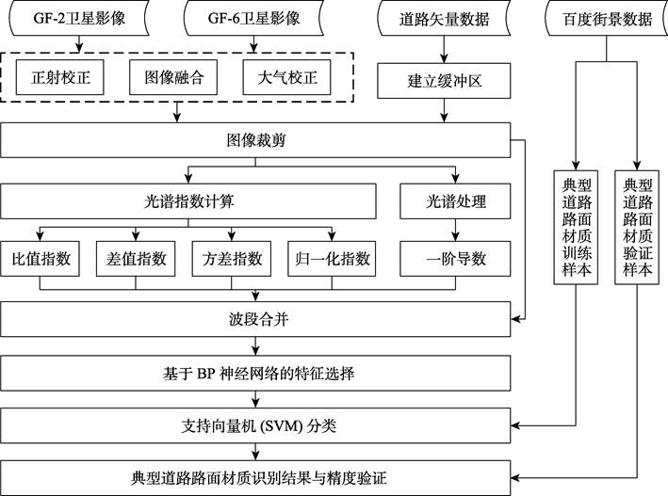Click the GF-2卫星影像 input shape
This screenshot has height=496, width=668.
click(x=79, y=18)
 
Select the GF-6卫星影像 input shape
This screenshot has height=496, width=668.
click(x=253, y=18)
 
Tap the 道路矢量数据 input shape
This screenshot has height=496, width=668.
click(x=444, y=18)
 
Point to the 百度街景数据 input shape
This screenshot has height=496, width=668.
click(x=607, y=18)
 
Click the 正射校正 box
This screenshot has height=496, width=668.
click(x=60, y=77)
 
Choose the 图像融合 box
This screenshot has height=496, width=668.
click(x=173, y=77)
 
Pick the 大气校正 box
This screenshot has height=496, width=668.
click(x=286, y=77)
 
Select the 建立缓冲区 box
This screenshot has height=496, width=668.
click(x=444, y=81)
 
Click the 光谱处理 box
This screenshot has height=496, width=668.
click(x=455, y=201)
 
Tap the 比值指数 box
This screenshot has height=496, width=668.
click(x=41, y=259)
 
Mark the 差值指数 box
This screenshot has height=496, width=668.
click(x=136, y=259)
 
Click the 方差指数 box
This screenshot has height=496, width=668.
click(x=232, y=259)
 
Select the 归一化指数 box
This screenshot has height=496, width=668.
click(x=332, y=259)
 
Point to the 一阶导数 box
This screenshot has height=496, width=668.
click(x=455, y=259)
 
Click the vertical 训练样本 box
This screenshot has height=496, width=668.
click(x=576, y=228)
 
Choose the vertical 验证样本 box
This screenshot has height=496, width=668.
click(x=637, y=228)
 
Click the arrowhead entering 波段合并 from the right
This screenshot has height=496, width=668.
click(x=515, y=319)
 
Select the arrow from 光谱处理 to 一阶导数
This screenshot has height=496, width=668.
click(x=455, y=230)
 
